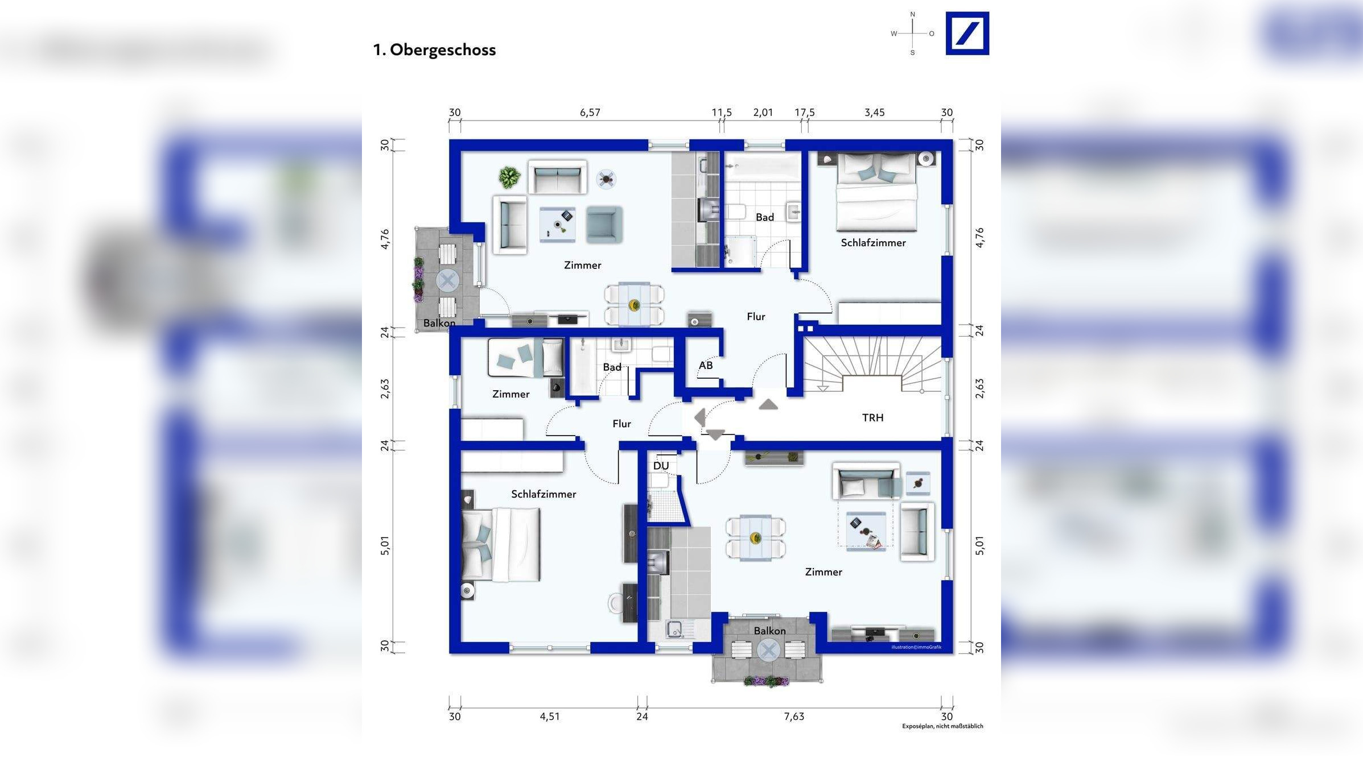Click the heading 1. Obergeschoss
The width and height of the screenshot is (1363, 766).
434,50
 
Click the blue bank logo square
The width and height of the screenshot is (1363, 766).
967,34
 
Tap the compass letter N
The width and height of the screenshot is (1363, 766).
913,15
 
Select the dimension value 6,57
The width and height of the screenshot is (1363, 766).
590,113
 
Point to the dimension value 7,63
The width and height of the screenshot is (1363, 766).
794,717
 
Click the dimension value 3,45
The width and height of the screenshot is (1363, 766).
874,113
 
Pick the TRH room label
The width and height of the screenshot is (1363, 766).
872,418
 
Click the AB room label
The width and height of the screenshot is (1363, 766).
706,366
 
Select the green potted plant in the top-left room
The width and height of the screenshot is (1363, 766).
509,177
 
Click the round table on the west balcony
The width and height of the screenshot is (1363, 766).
447,280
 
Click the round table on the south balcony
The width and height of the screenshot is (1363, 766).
768,650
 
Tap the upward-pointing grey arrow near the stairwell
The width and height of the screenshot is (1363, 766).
768,404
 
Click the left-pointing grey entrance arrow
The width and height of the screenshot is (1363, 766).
699,418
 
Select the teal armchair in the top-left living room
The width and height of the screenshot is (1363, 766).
604,225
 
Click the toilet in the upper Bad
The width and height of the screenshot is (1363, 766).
737,213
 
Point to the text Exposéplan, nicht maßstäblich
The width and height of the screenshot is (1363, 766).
942,726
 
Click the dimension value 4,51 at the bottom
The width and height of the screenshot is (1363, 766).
549,717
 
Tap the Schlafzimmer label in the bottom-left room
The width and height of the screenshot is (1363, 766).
543,494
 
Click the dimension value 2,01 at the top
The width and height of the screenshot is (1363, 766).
763,113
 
